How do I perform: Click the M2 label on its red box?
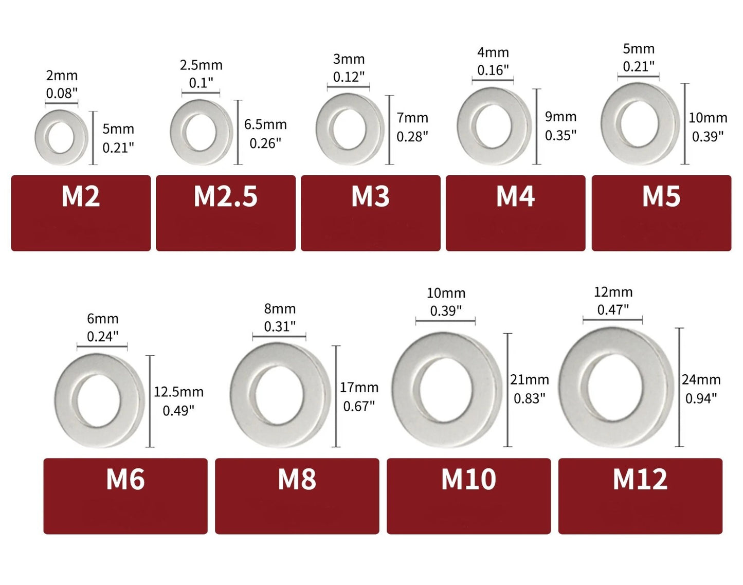81,196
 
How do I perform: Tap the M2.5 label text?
225,196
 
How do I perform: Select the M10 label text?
468,480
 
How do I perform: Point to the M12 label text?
640,480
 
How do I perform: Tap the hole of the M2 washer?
61,137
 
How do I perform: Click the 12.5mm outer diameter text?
178,392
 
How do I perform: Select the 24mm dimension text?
701,379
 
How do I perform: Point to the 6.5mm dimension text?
265,124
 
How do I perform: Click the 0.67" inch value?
359,406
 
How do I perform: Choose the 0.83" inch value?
530,398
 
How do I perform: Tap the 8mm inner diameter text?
280,308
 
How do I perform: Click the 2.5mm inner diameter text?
201,65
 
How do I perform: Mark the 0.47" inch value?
613,309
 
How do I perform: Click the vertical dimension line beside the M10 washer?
508,390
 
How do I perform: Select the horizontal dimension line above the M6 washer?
102,346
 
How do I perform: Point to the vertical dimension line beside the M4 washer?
537,126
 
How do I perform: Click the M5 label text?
661,196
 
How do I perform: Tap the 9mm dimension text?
560,117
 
